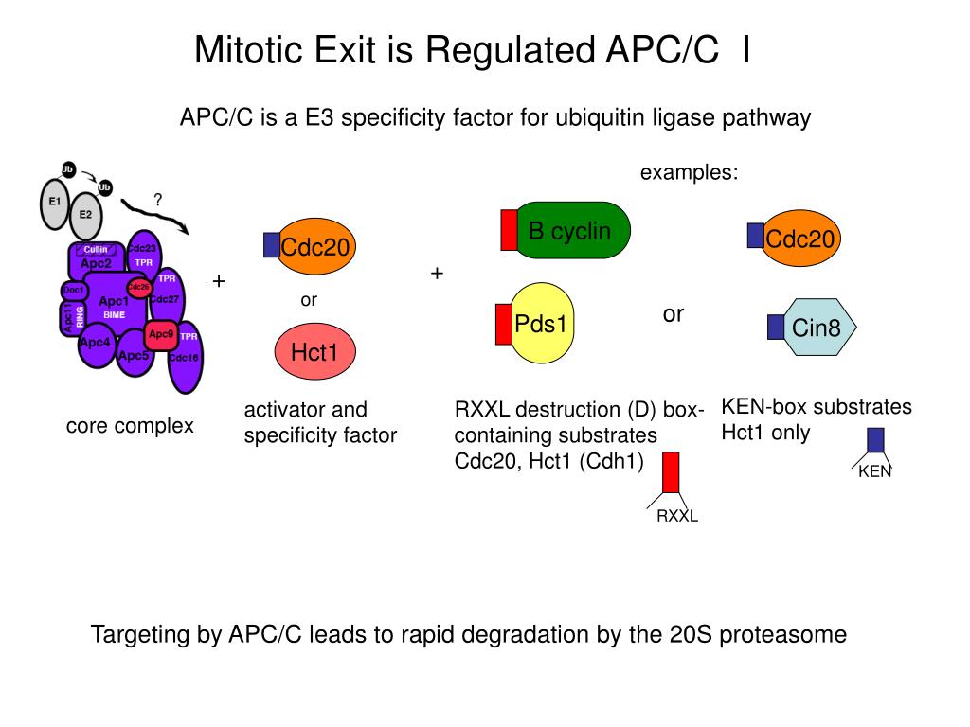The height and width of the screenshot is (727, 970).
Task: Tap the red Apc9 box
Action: tap(160, 334)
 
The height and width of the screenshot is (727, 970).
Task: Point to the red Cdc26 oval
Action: tap(139, 287)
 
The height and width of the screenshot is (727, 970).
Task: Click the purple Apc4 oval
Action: tap(96, 343)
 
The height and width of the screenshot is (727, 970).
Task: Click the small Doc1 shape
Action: tap(74, 290)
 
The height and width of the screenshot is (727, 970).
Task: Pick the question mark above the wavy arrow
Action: tap(158, 200)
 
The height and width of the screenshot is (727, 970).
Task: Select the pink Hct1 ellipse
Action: tap(314, 353)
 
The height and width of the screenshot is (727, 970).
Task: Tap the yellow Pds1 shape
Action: tap(541, 325)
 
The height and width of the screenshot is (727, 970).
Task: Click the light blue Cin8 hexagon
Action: tap(817, 328)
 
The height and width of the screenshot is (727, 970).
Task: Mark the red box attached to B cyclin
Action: tap(509, 231)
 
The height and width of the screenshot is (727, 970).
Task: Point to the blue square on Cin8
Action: tap(776, 327)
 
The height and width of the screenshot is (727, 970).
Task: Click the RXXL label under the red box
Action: tap(677, 516)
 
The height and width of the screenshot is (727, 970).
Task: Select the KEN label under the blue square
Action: tap(875, 471)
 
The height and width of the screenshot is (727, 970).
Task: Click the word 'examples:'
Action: tap(689, 173)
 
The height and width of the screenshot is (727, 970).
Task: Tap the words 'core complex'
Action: tap(130, 426)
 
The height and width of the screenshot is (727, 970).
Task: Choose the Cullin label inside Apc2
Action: tap(96, 250)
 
